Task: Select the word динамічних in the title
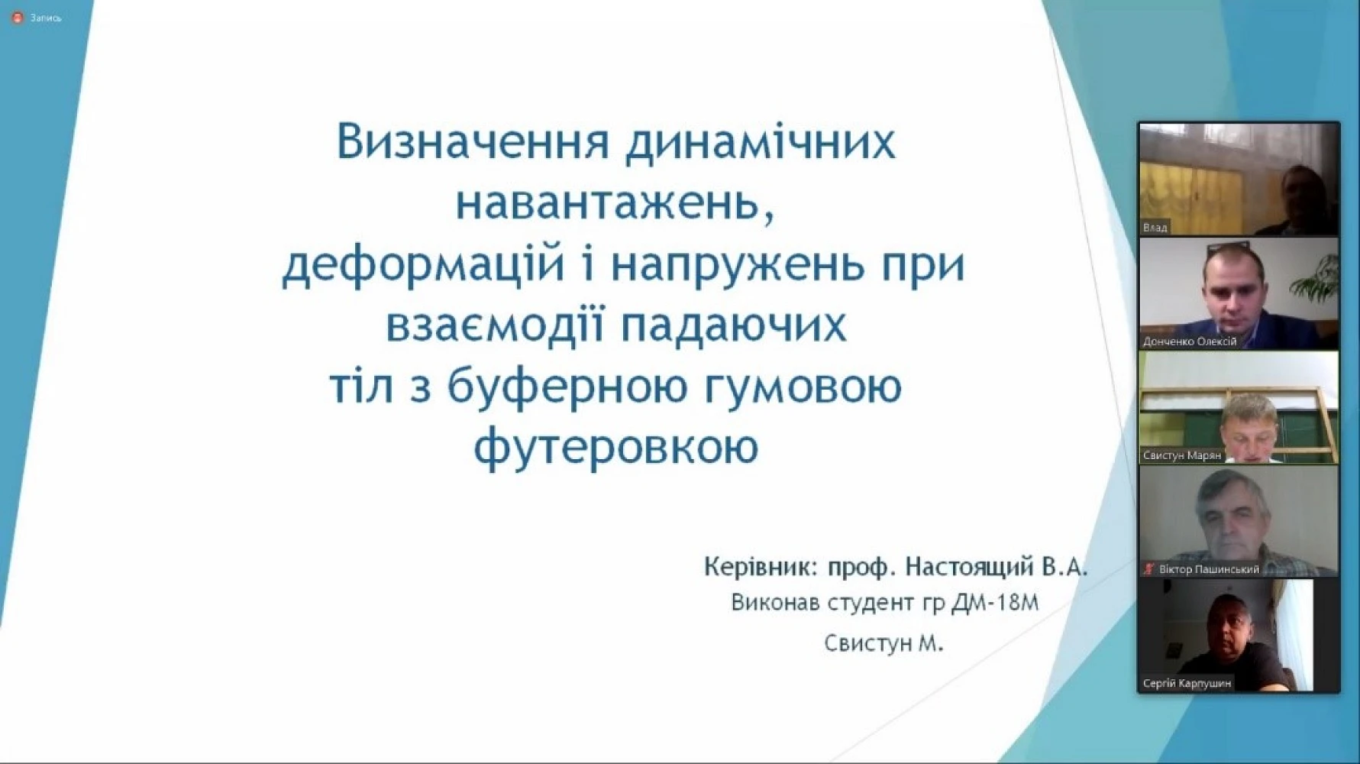[x=761, y=144]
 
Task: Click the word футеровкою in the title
[x=615, y=448]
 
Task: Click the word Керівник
[x=760, y=568]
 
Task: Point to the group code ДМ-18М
[x=995, y=603]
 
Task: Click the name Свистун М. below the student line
[x=884, y=644]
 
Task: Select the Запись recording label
[x=46, y=18]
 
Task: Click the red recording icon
[x=18, y=18]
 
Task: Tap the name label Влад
[x=1155, y=228]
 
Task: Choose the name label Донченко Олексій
[x=1189, y=342]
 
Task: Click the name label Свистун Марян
[x=1181, y=455]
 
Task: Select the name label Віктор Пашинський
[x=1209, y=569]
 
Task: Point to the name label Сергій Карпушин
[x=1187, y=683]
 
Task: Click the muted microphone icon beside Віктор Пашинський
[x=1149, y=569]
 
